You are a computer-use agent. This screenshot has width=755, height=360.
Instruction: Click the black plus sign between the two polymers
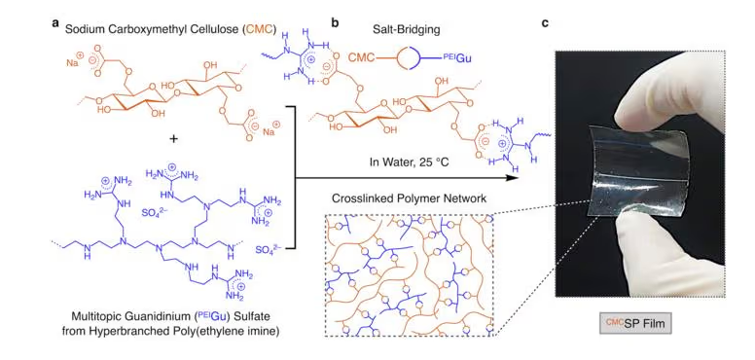[174, 138]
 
